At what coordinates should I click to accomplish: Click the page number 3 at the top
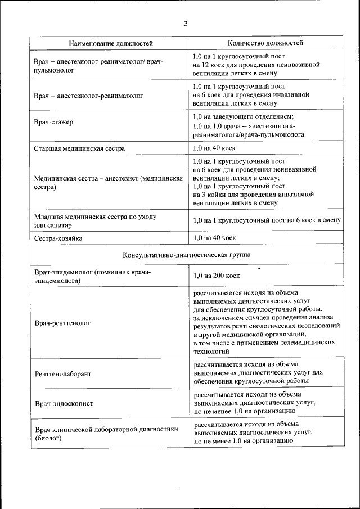click(185, 24)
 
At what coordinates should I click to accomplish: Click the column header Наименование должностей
click(110, 43)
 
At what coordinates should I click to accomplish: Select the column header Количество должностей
click(265, 43)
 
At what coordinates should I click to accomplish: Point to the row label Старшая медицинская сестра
click(79, 148)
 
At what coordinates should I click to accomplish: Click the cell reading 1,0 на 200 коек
click(217, 276)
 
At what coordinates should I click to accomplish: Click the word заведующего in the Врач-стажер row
click(233, 116)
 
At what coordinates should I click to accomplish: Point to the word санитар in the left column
click(60, 225)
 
